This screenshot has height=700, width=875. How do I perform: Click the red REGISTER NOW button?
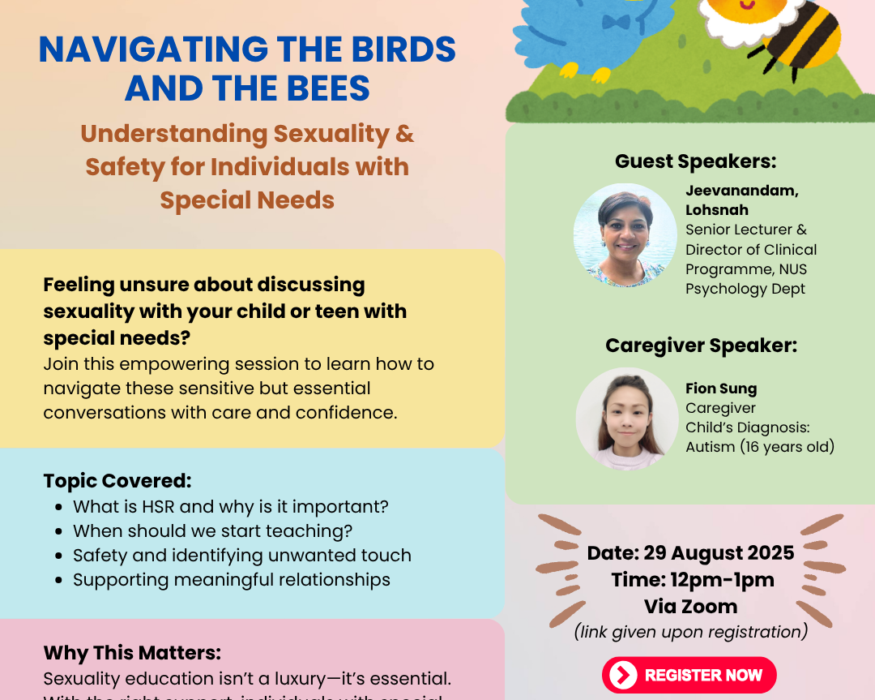click(689, 675)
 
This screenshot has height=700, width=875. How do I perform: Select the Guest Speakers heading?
click(695, 161)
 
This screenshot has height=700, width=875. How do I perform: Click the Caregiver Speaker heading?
click(701, 346)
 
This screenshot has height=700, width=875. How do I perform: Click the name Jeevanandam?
click(741, 191)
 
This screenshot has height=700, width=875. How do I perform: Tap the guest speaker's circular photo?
click(625, 235)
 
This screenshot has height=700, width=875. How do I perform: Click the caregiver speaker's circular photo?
click(626, 419)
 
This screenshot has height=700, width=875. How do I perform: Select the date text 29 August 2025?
click(719, 553)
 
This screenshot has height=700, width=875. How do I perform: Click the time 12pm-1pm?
click(716, 580)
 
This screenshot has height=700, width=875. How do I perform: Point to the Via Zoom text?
click(690, 606)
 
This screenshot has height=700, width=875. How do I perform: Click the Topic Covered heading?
click(117, 481)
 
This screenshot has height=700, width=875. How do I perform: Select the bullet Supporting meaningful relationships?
click(231, 580)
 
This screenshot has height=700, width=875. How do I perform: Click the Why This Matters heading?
click(132, 653)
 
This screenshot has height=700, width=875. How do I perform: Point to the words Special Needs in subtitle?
click(247, 200)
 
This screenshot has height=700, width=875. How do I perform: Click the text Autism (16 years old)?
click(760, 447)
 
